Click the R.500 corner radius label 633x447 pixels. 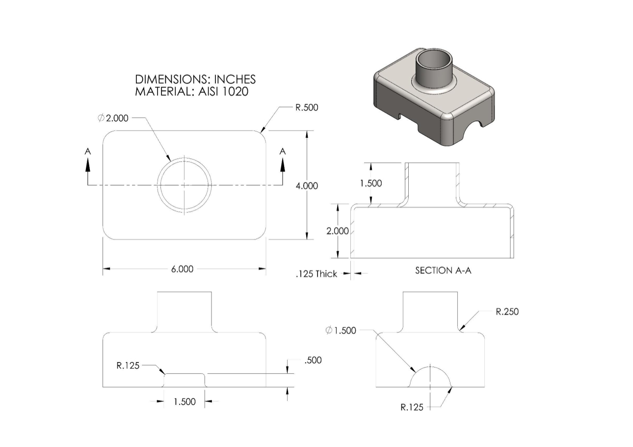point(307,108)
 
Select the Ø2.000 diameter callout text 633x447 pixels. point(113,118)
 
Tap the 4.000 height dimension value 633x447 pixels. point(307,185)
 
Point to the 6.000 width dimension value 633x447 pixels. point(182,269)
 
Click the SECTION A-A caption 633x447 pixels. point(443,270)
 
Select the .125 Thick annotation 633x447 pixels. point(316,274)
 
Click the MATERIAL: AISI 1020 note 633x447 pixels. point(191,91)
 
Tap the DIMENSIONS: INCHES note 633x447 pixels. point(195,79)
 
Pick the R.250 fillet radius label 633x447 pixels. point(507,312)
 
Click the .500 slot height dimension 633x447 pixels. point(313,360)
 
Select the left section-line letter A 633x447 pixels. point(88,152)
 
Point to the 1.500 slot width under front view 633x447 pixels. point(185,402)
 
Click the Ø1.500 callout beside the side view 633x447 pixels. point(341,330)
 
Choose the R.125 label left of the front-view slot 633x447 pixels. point(128,365)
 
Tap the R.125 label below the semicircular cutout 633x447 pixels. point(412,407)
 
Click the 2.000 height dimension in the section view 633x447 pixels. point(338,231)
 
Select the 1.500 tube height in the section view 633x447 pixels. point(371,184)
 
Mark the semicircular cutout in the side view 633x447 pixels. point(430,378)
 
